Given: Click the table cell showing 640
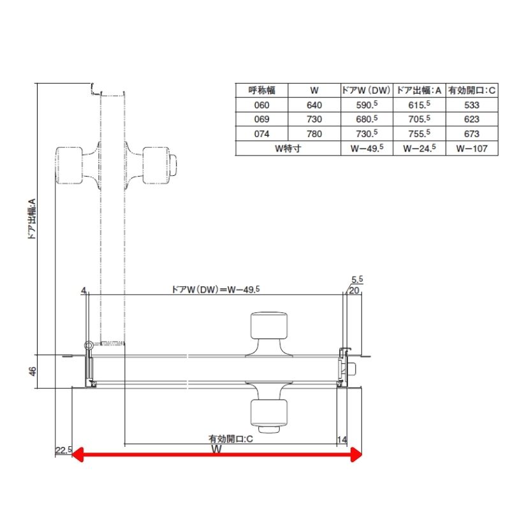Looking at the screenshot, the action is tap(314, 105).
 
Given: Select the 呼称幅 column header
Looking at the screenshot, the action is tap(262, 91).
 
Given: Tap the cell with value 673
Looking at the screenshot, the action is tap(472, 134).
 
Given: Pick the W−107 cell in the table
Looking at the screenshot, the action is tap(472, 149).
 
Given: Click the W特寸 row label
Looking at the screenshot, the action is tap(288, 149).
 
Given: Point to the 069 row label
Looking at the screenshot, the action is tap(262, 119).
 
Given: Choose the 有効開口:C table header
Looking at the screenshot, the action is tap(472, 91).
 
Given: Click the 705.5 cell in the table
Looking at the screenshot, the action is tap(419, 119).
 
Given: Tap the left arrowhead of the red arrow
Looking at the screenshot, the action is tap(77, 455).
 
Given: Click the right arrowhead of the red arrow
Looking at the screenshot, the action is tap(356, 455).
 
